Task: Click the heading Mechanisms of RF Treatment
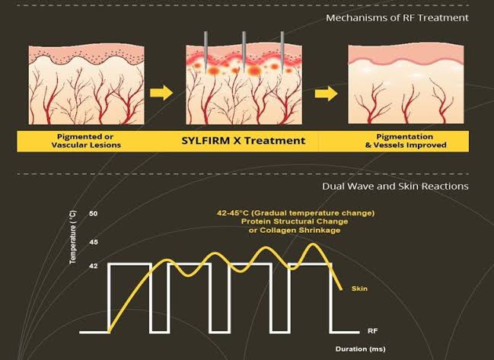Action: tap(397, 18)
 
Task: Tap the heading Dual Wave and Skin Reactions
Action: tap(395, 186)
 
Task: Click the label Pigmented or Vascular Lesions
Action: tap(86, 141)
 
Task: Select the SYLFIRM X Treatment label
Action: tap(244, 141)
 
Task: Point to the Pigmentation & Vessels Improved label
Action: tap(406, 141)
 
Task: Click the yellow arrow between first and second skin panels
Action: tap(161, 93)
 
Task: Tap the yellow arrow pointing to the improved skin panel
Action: tap(326, 93)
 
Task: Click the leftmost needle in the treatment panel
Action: tap(206, 51)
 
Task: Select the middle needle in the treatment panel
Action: tap(244, 51)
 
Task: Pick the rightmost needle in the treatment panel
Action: tap(282, 51)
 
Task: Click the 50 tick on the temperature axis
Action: tap(94, 214)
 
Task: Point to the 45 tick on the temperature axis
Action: tap(94, 242)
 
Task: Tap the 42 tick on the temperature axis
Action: tap(94, 266)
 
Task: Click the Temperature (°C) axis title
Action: tap(73, 237)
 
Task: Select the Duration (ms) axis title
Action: tap(361, 349)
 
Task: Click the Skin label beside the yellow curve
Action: tap(359, 288)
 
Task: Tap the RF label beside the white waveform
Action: tap(372, 331)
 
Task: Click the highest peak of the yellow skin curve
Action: tap(314, 244)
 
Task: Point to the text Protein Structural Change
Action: tap(295, 221)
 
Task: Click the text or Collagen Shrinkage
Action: tap(295, 231)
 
